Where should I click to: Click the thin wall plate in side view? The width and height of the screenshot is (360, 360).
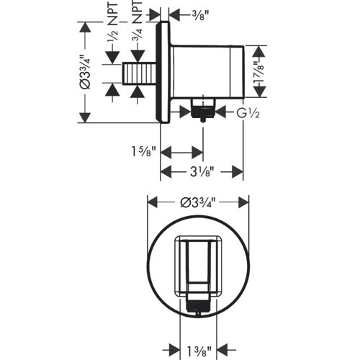pyautogui.click(x=165, y=72)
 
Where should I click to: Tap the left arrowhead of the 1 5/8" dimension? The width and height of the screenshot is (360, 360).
pyautogui.click(x=164, y=153)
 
